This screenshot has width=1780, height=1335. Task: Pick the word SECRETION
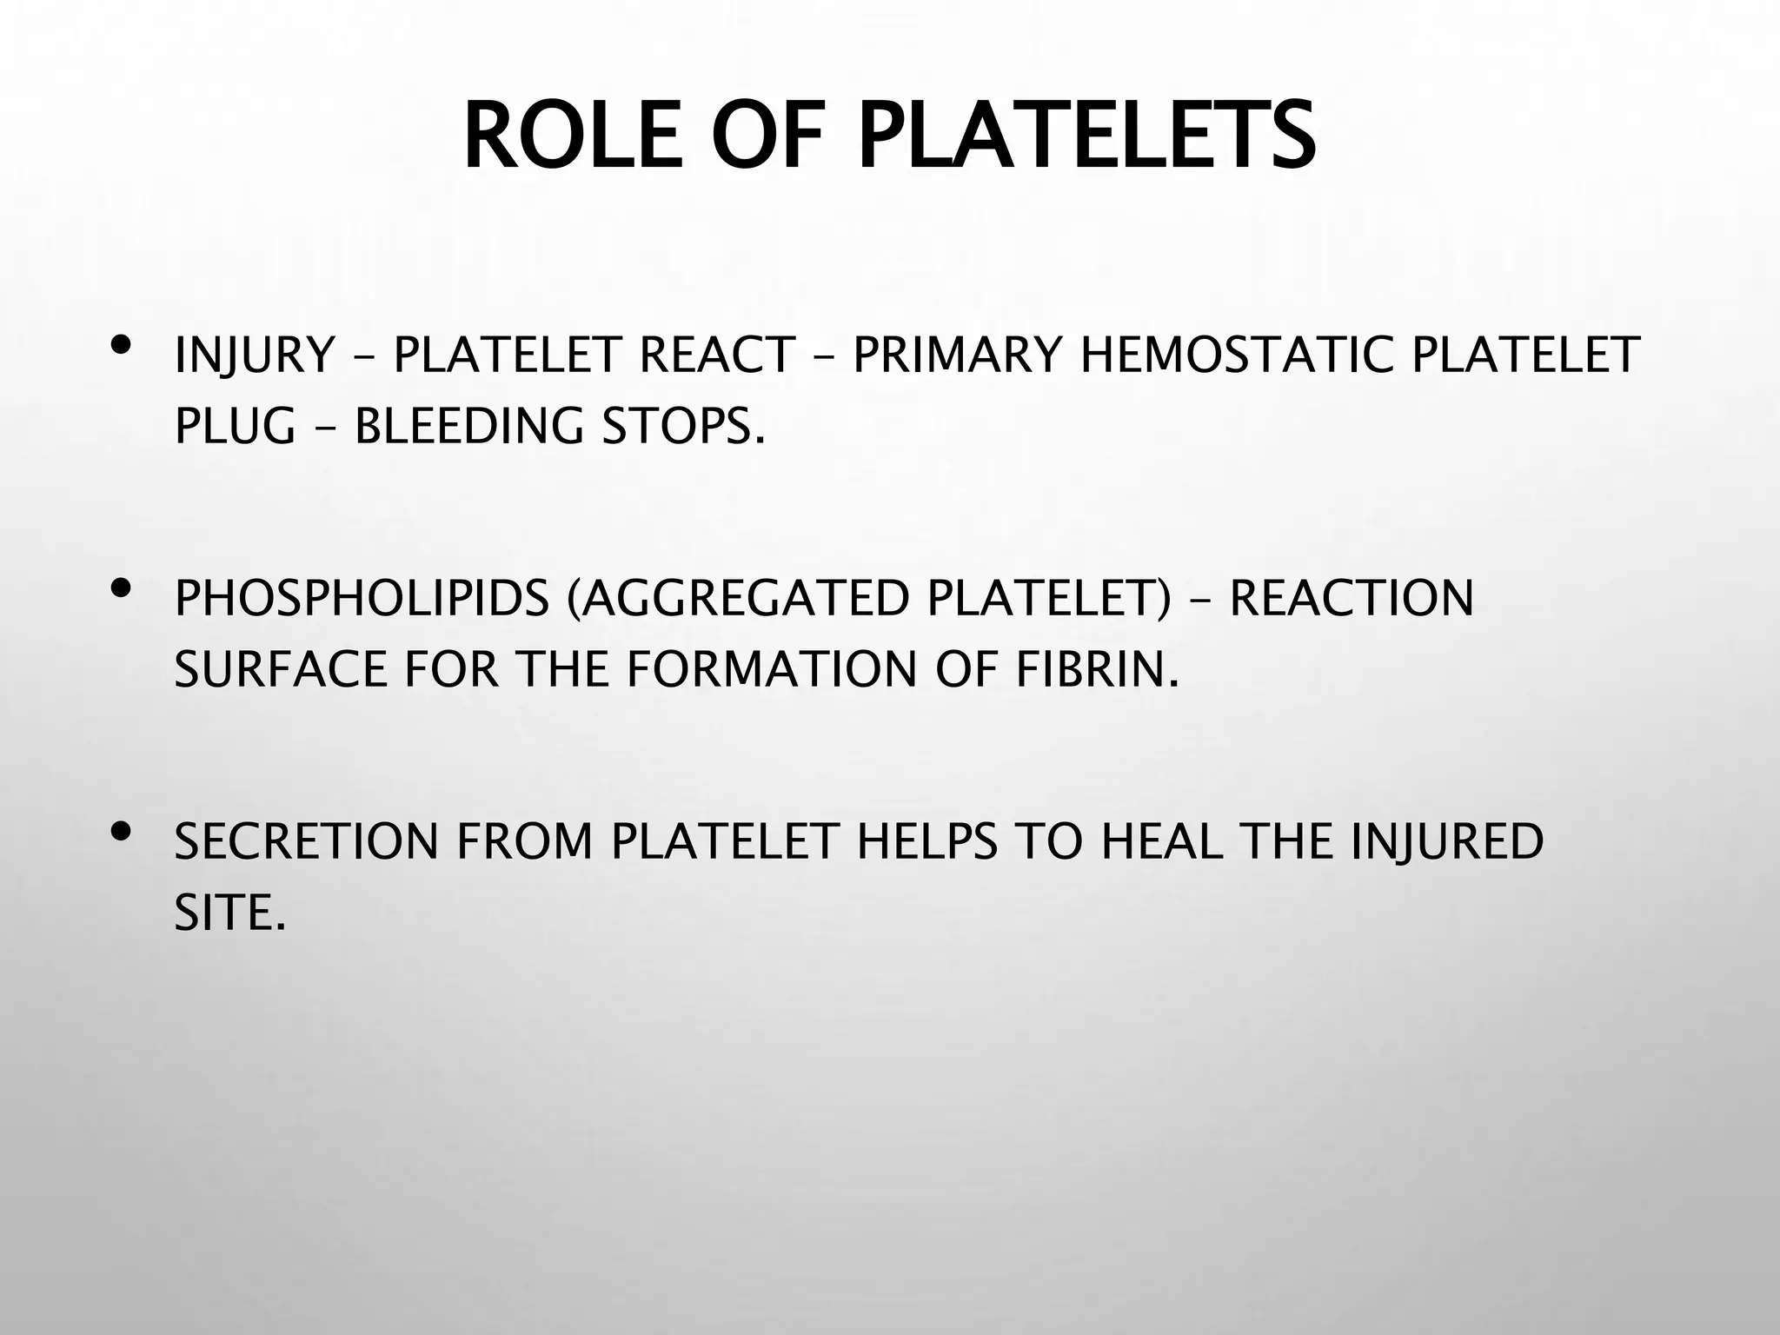(306, 841)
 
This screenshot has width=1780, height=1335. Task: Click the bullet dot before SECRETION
(122, 833)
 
